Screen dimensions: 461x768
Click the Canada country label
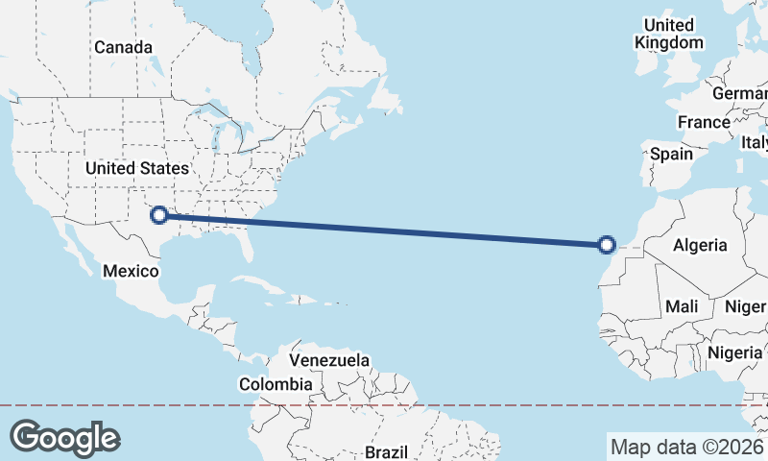pos(123,47)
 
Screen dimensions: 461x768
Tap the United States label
pos(137,168)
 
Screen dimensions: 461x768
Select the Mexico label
pos(131,271)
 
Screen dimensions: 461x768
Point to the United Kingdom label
pos(669,34)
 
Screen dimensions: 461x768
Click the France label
pos(703,122)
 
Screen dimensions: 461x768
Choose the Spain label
pos(671,154)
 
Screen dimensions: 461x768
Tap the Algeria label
pos(700,245)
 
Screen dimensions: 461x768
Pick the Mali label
pos(682,306)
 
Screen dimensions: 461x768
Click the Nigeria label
pos(735,352)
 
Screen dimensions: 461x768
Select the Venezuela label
pos(329,360)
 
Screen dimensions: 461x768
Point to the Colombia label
pos(276,384)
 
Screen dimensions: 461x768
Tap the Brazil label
pos(387,451)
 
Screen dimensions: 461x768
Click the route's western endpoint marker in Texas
pos(159,216)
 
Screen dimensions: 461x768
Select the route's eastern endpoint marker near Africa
pos(607,245)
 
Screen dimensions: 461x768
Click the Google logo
pos(64,438)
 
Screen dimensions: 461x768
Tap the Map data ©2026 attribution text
pos(686,447)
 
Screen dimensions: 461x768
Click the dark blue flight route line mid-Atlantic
pos(384,230)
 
